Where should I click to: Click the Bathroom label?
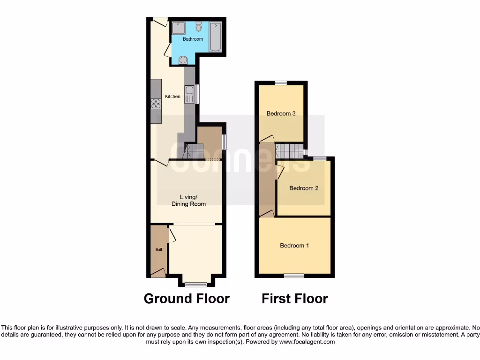coord(193,39)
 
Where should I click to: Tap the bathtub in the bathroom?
coord(216,36)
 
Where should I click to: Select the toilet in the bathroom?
coord(199,27)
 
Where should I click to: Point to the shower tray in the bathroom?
coord(178,29)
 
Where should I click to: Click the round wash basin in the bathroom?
coord(183,60)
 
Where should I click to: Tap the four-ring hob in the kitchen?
coord(156,104)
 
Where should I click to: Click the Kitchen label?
coord(172,97)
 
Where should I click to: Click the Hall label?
coord(159,249)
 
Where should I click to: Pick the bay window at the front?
coord(195,284)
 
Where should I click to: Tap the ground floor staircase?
coord(193,151)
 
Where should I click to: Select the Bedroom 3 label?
coord(281,113)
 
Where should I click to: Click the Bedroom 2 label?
coord(304,188)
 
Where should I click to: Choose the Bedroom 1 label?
coord(294,246)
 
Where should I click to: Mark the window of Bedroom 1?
coord(293,276)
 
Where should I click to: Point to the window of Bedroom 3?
coord(281,83)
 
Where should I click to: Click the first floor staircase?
coord(289,151)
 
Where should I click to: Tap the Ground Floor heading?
coord(187,299)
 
